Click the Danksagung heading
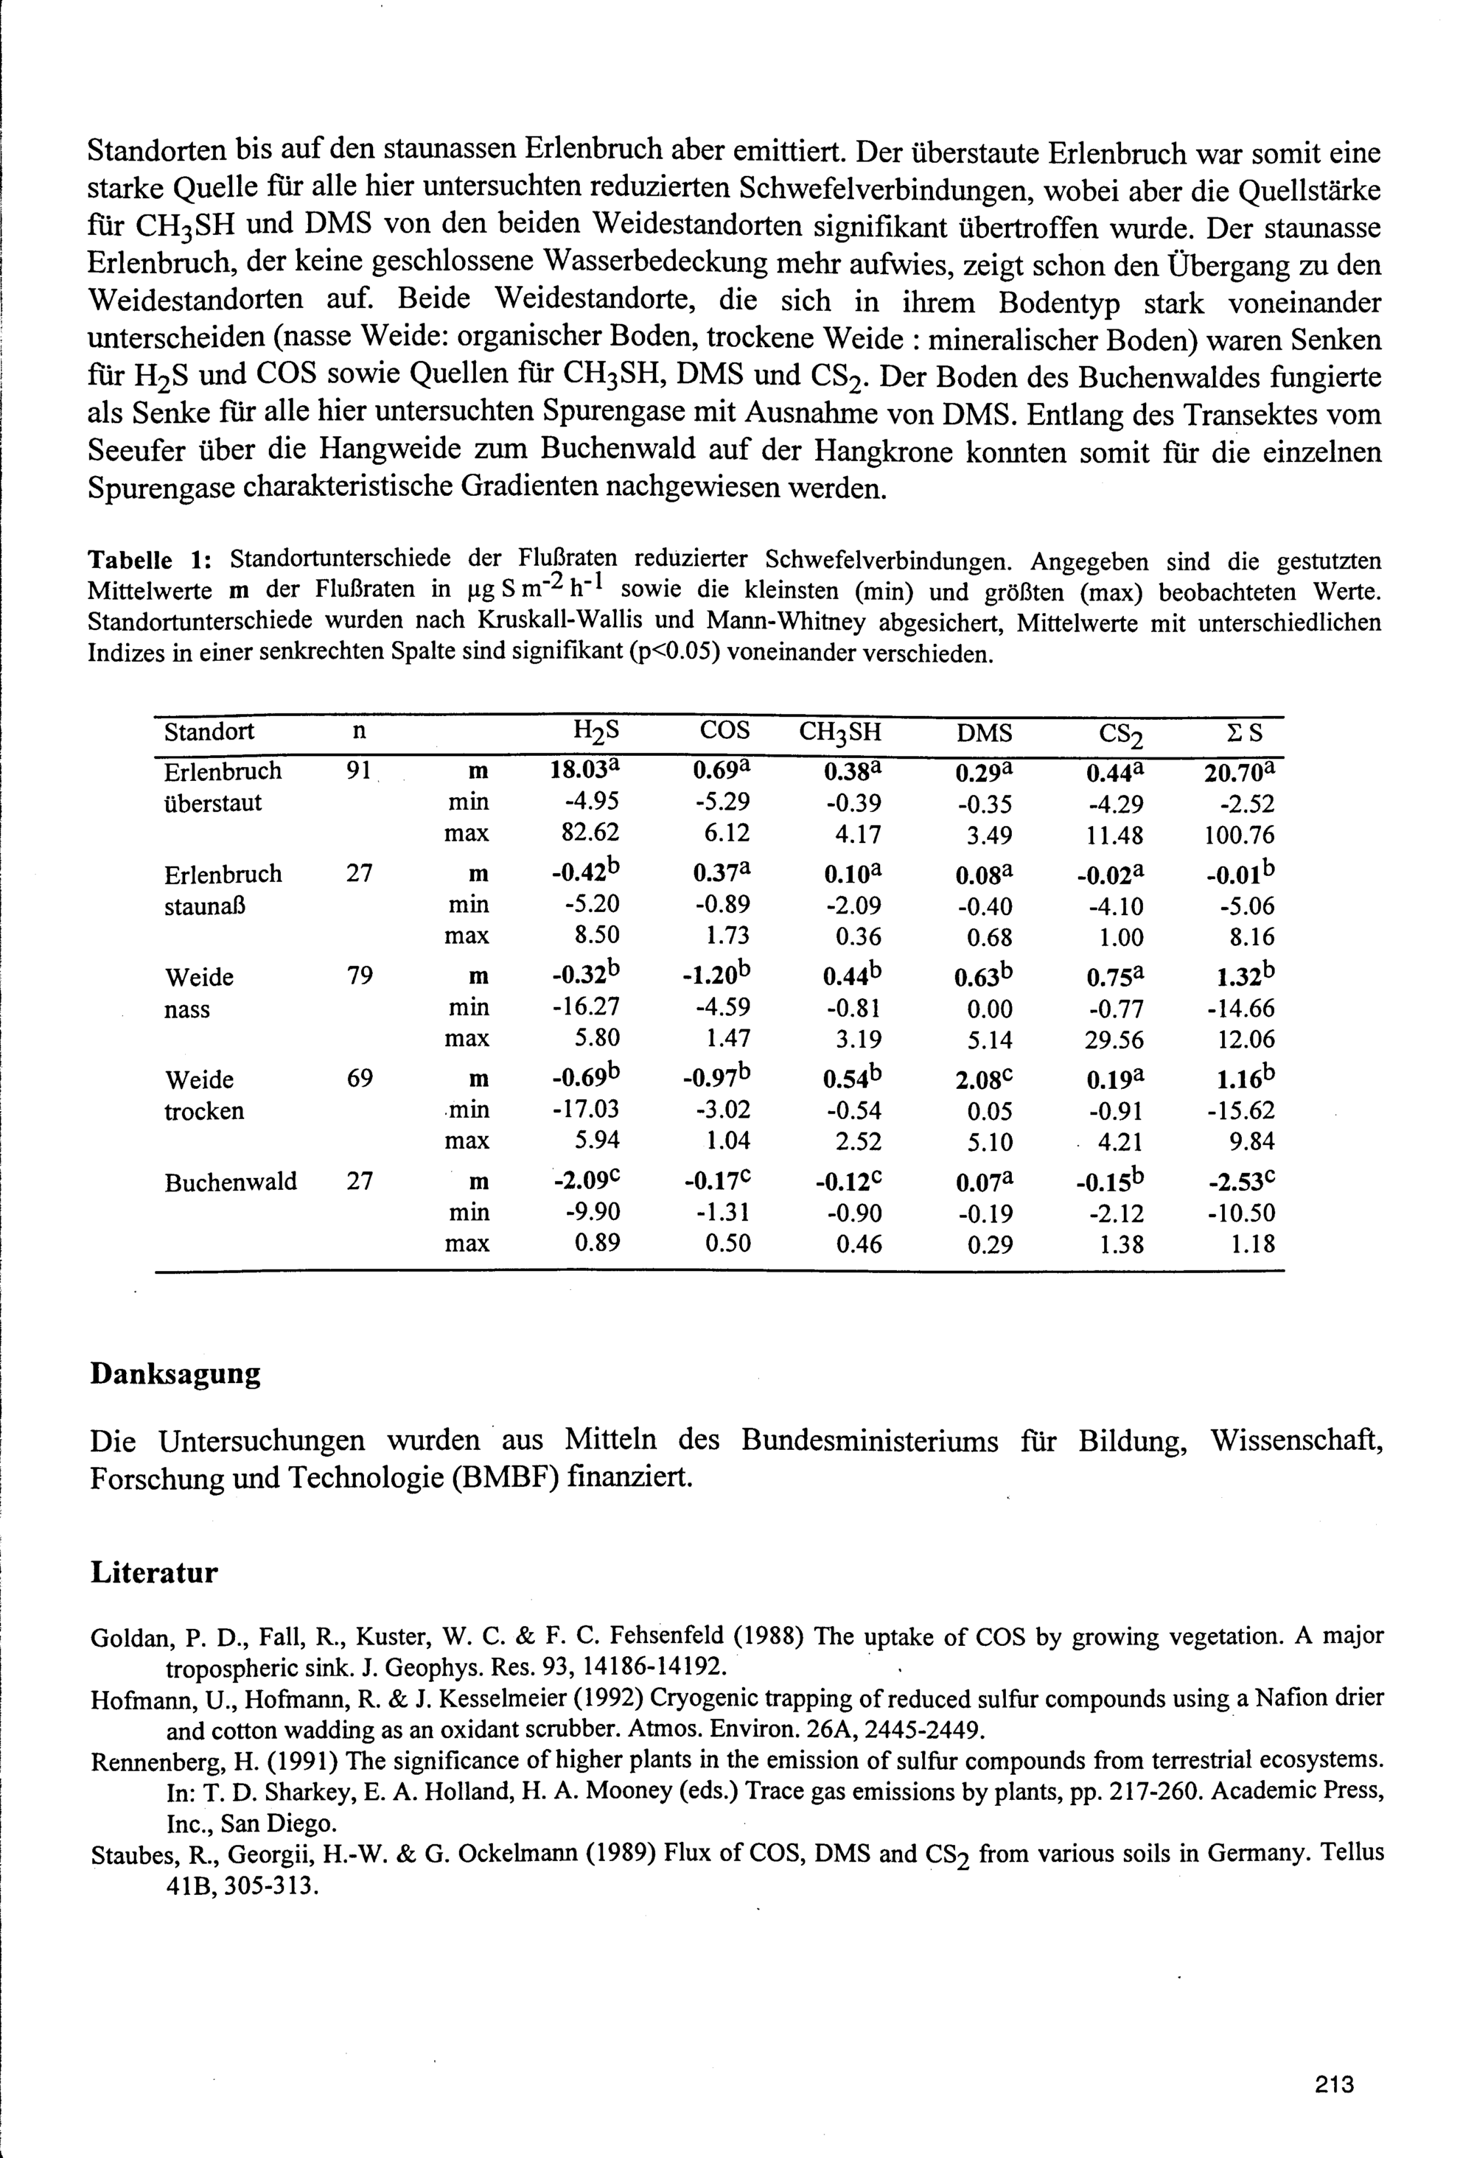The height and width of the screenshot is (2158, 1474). pos(175,1373)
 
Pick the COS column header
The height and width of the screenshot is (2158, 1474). pos(724,731)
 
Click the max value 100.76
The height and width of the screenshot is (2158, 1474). pos(1239,835)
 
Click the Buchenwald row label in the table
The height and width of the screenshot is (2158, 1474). pos(231,1182)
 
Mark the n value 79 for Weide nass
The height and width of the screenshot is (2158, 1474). pos(360,976)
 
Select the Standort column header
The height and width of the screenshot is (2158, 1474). pos(209,732)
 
